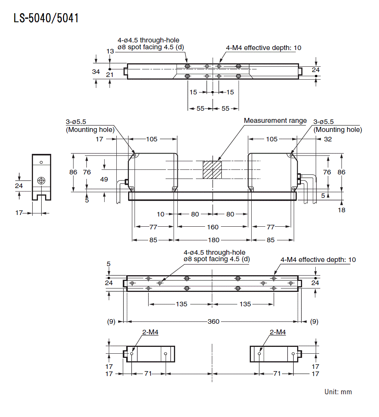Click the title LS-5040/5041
click(x=46, y=18)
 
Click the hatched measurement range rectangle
click(x=212, y=170)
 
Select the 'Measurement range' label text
click(x=275, y=121)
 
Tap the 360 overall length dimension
click(x=213, y=321)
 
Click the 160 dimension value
click(x=213, y=227)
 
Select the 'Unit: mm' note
click(x=338, y=392)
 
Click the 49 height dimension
click(x=104, y=179)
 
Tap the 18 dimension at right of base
click(x=341, y=210)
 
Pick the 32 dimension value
click(x=328, y=139)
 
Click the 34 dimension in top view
click(x=96, y=71)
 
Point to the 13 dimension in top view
click(x=110, y=51)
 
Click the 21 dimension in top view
click(x=110, y=75)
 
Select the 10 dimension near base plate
click(x=161, y=214)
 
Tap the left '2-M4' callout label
click(x=150, y=332)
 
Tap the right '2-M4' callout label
click(x=277, y=332)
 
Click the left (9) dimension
click(x=111, y=321)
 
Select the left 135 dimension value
click(x=181, y=304)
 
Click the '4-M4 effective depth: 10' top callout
click(x=263, y=48)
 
